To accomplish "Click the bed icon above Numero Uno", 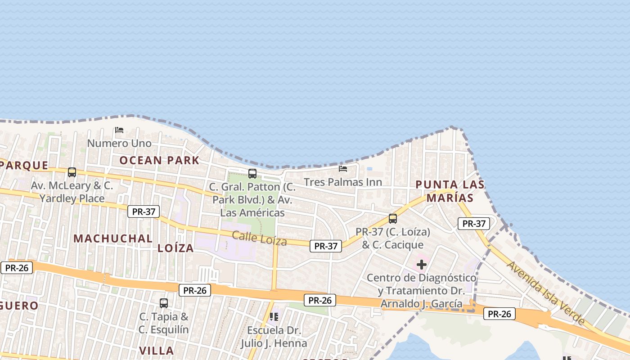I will (119, 130).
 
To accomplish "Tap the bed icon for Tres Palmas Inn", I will (343, 169).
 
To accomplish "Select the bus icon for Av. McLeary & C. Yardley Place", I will (72, 172).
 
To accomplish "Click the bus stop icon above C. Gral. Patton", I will (252, 173).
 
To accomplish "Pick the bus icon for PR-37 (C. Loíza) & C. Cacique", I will (393, 219).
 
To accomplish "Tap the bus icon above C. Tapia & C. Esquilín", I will (164, 303).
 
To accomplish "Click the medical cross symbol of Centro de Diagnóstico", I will (422, 265).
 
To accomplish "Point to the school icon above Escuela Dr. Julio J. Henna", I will (274, 317).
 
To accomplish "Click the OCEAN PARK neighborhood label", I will (159, 160).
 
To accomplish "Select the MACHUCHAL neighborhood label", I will (113, 238).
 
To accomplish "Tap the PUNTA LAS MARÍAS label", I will (450, 191).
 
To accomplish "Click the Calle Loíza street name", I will (260, 238).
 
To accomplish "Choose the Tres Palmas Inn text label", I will (343, 182).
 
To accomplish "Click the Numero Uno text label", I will (119, 143).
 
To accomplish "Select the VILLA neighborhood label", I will (157, 351).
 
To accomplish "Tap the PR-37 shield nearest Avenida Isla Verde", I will (474, 223).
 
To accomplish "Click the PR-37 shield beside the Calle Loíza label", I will (326, 246).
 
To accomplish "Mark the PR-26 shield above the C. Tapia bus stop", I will (195, 290).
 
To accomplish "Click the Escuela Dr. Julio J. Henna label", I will (274, 337).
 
